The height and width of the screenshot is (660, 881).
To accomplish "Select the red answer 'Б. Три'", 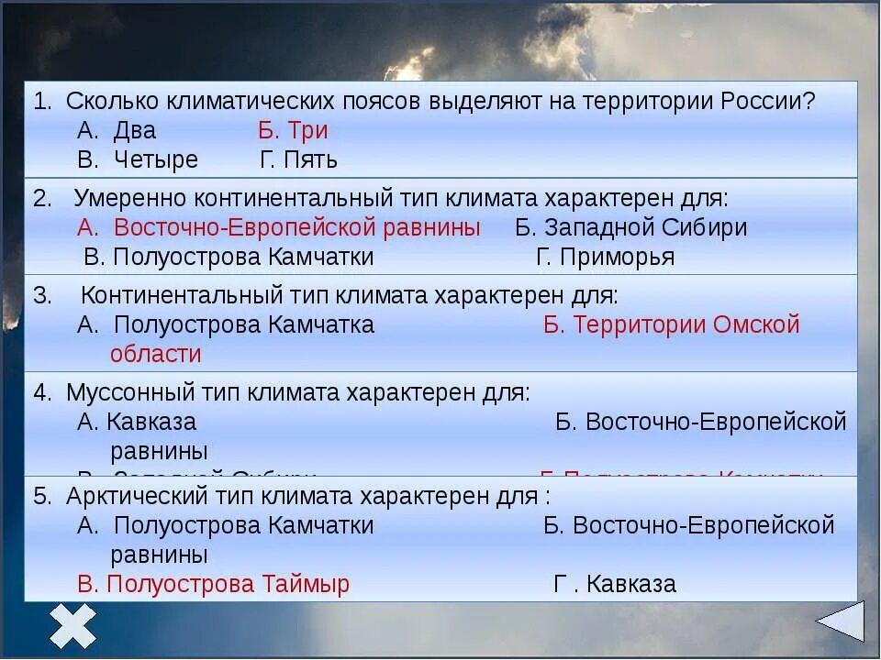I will [293, 130].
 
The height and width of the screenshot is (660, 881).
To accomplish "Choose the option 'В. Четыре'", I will [138, 159].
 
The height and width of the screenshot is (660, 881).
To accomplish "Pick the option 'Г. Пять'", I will [299, 159].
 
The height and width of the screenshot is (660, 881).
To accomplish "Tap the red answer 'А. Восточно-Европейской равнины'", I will [279, 227].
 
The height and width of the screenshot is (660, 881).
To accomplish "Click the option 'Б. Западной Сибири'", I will [631, 227].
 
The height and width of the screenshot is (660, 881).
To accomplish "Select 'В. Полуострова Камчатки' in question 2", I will [229, 257].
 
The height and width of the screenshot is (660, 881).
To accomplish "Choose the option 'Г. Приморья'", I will [606, 257].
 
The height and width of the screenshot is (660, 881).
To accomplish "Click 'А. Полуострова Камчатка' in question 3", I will [227, 324].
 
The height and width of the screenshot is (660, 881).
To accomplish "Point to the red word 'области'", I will [155, 354].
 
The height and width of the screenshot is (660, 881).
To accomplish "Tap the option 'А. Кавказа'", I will [138, 422].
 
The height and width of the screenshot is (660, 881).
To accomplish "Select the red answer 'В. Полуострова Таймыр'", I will [214, 584].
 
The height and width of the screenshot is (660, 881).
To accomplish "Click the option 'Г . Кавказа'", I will [615, 584].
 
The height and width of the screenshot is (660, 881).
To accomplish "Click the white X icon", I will [73, 626].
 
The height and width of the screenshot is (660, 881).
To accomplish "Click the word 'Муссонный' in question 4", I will [125, 392].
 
